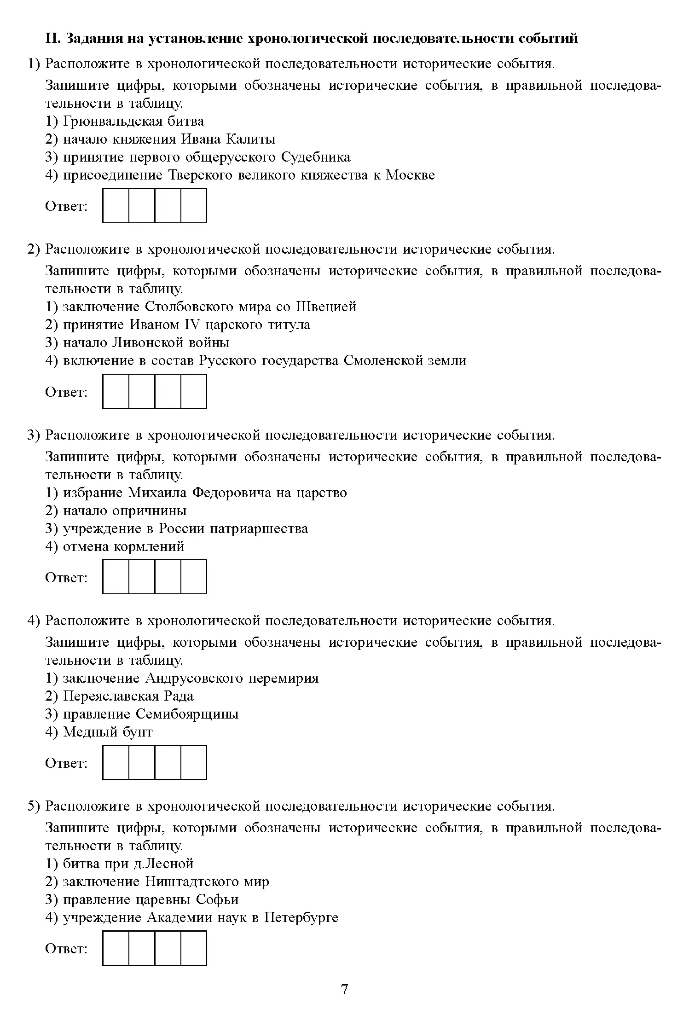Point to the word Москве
tap(410, 175)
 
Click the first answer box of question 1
tap(116, 206)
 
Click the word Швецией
tap(326, 307)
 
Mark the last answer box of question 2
tap(194, 391)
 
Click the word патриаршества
tap(259, 529)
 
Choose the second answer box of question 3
tap(142, 577)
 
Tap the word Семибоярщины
tap(187, 714)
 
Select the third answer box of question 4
tap(168, 762)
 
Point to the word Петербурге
tap(301, 918)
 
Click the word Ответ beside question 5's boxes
tap(66, 949)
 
